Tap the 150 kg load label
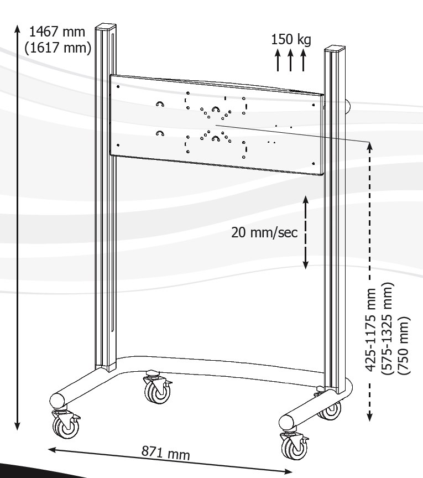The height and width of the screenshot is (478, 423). click(291, 39)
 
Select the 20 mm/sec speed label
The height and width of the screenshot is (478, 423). click(264, 232)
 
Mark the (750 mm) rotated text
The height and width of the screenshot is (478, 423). click(404, 346)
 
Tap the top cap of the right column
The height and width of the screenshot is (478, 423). click(335, 49)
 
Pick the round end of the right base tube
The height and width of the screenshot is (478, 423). click(287, 423)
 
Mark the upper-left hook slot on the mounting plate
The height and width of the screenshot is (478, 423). click(160, 103)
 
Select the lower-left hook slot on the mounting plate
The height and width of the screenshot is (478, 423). click(160, 133)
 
